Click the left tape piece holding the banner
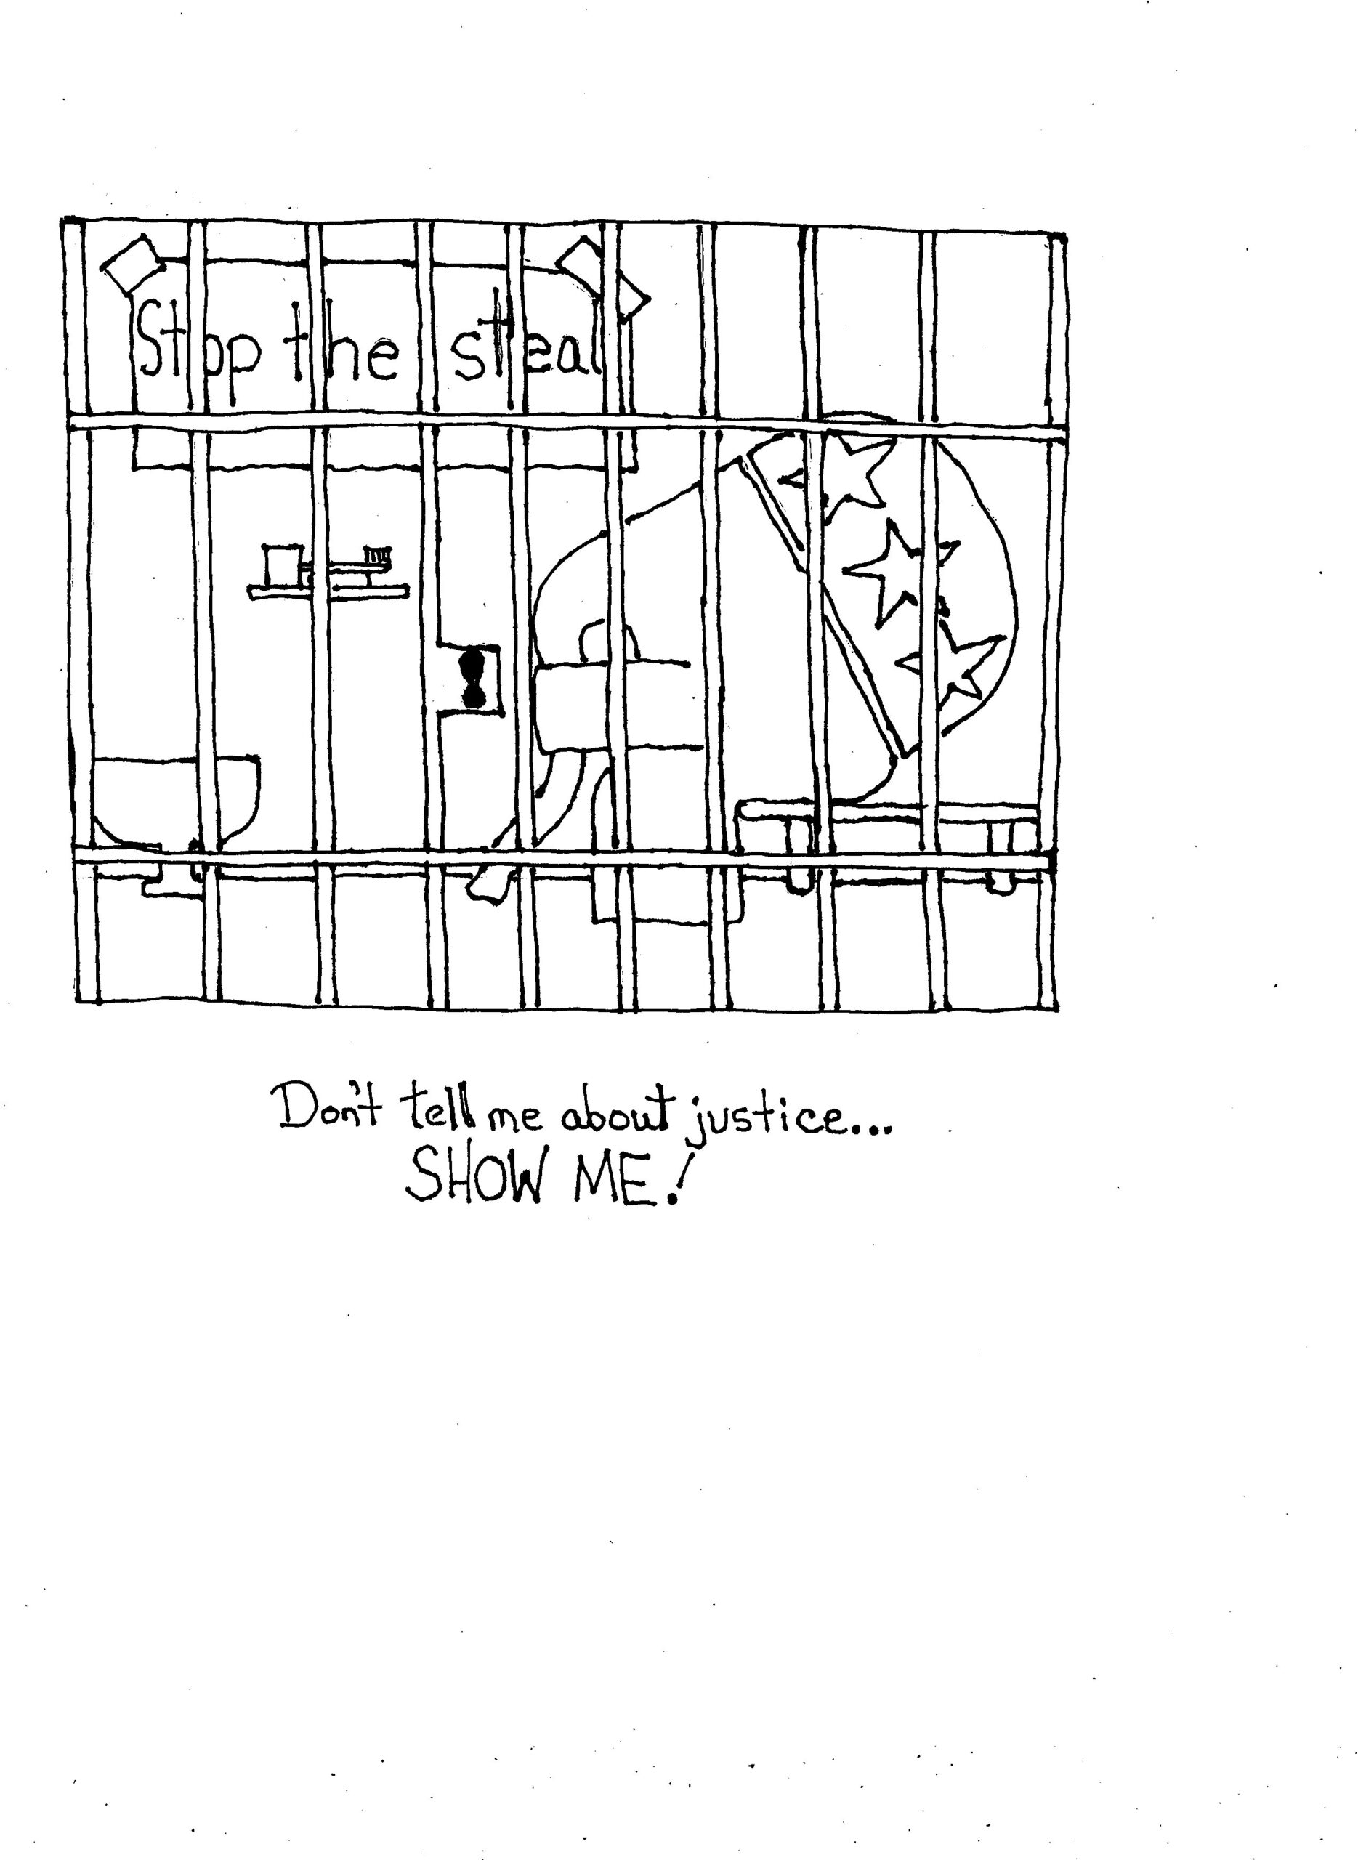tap(133, 264)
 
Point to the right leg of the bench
tap(1001, 854)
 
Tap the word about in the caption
tap(618, 1115)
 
